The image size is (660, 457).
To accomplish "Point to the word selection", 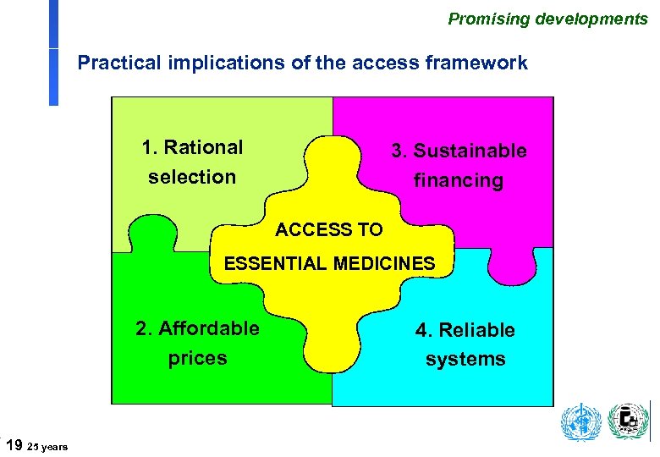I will [191, 177].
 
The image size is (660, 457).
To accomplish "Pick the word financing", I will [458, 180].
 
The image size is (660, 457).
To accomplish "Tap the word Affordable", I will [208, 328].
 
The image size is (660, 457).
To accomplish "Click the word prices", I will [197, 358].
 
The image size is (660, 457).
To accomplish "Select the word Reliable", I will [476, 330].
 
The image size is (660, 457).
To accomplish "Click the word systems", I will [465, 359].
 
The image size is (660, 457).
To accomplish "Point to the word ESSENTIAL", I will [275, 263].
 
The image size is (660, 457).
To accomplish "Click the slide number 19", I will [14, 443].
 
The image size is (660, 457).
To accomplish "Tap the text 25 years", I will [48, 446].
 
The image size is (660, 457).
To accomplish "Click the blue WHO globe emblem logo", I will [581, 422].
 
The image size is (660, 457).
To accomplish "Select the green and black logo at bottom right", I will [628, 421].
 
